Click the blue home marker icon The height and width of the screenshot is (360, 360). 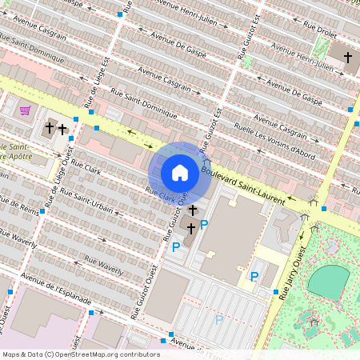[x=180, y=172]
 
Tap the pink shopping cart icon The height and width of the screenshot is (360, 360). [x=26, y=110]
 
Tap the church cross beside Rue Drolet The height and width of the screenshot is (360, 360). [x=347, y=58]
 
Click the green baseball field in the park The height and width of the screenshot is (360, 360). [x=329, y=281]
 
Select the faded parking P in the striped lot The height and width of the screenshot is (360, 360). [x=219, y=320]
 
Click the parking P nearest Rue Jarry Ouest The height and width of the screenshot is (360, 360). [x=254, y=277]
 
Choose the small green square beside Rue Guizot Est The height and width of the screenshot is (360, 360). [x=247, y=61]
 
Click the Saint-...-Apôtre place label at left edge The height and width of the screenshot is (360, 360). [x=16, y=153]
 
